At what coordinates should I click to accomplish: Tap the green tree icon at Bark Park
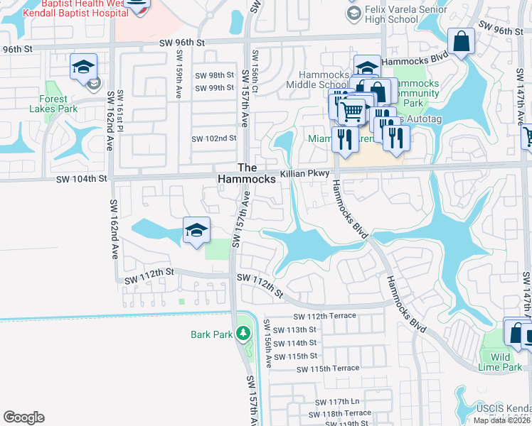[243, 333]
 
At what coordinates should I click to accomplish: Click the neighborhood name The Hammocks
[247, 173]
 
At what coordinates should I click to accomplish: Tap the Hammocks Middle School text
[324, 79]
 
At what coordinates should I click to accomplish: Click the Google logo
[23, 417]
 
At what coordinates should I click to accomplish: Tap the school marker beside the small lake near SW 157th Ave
[196, 230]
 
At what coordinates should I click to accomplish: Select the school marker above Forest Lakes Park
[83, 67]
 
